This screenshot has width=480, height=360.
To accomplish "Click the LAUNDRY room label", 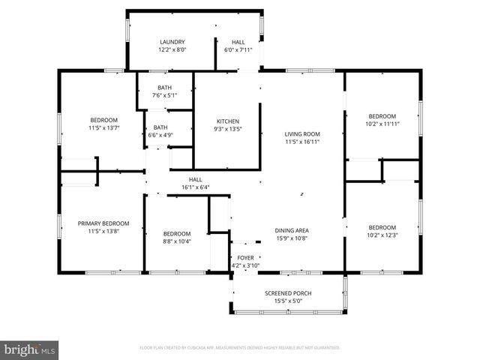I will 172,42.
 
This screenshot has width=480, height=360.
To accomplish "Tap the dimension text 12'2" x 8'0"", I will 172,49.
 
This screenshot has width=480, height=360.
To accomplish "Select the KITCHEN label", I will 227,121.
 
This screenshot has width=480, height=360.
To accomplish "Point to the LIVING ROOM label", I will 302,133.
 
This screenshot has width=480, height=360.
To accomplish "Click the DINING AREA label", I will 292,230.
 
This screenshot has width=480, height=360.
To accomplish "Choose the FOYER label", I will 245,257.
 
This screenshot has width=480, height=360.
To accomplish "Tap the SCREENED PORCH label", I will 288,293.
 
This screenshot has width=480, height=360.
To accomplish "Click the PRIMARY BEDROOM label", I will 103,223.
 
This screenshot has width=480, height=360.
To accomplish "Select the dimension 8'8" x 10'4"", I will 177,241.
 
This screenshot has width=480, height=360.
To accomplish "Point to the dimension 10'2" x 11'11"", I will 382,124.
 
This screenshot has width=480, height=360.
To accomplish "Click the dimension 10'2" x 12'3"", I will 382,235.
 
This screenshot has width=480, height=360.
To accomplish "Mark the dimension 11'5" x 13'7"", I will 103,127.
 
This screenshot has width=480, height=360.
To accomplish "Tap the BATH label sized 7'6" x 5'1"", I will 163,88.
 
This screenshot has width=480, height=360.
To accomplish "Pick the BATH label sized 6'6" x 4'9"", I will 160,127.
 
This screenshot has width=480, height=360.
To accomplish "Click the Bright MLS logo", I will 29,349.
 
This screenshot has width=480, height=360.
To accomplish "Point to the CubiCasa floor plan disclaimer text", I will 240,348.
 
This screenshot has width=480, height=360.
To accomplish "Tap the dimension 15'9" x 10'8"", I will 292,238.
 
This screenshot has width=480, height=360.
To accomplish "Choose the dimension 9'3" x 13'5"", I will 227,129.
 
